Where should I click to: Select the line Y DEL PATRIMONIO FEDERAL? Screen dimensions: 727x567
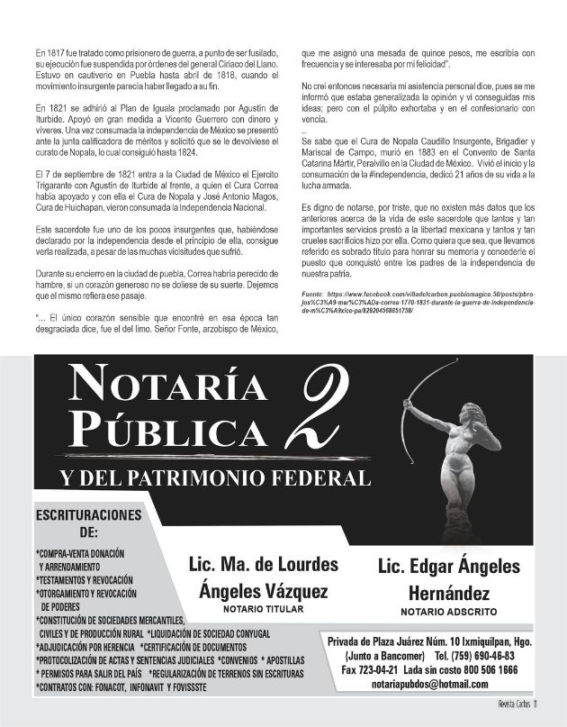(x=215, y=477)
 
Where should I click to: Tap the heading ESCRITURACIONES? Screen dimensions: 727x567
(x=88, y=515)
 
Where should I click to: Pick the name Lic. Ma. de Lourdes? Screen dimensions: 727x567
(x=263, y=566)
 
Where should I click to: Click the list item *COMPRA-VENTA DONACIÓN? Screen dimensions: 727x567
(x=80, y=553)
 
